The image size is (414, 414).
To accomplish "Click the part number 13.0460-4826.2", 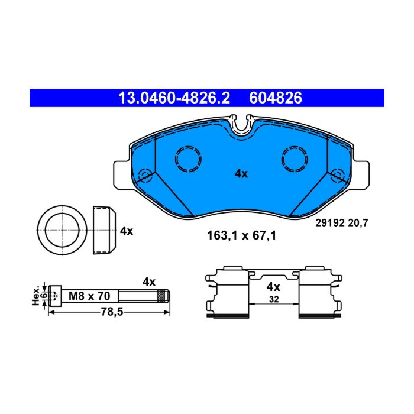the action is (174, 98).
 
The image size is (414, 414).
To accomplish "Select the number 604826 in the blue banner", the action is (276, 98).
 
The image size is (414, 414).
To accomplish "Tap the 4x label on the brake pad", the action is (241, 174).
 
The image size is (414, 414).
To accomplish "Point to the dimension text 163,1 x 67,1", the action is (241, 235).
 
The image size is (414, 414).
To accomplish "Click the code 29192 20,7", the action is (341, 223).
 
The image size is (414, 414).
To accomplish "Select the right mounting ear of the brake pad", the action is (361, 175).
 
